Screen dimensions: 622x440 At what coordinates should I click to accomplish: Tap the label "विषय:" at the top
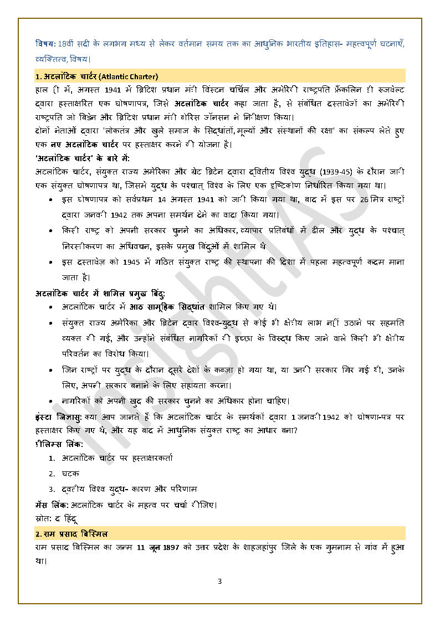(45, 44)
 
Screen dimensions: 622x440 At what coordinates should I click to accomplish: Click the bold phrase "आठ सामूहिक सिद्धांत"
(167, 306)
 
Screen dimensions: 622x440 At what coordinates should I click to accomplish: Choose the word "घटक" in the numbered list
(70, 474)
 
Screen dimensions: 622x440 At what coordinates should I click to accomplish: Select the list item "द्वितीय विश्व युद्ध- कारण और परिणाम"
(129, 489)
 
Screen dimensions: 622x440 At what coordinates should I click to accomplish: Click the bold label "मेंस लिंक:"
(52, 505)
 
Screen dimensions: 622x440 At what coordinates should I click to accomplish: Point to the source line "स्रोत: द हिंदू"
(55, 519)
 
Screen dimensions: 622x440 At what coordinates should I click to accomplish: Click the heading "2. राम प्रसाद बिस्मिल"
(71, 534)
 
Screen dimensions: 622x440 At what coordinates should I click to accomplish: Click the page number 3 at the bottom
(219, 581)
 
